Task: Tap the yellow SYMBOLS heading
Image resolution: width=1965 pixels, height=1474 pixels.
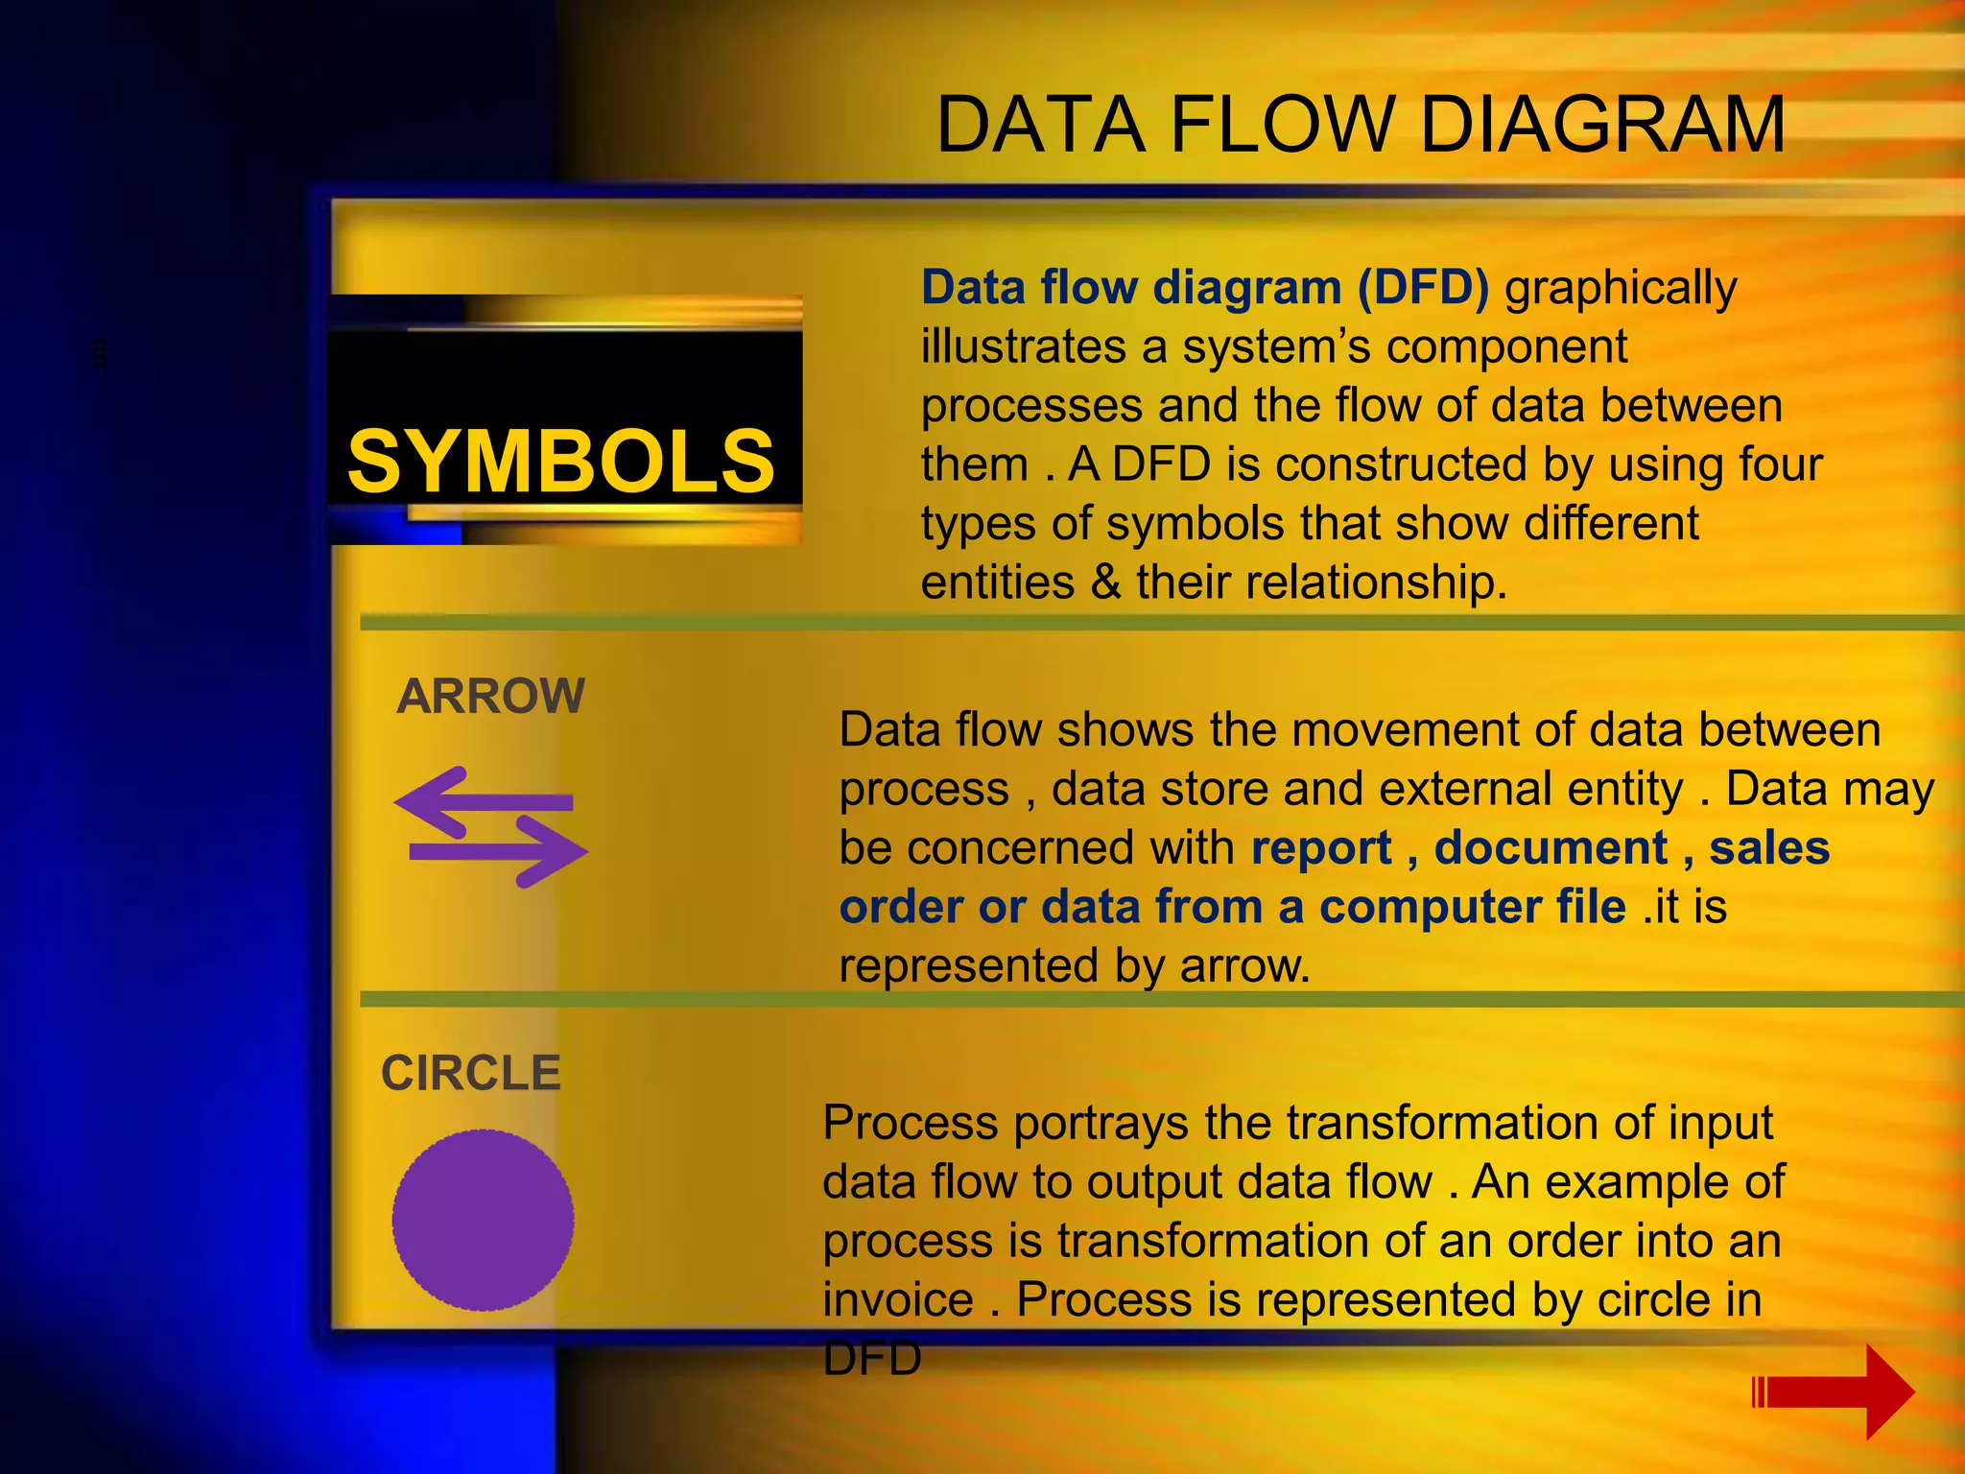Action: click(x=560, y=462)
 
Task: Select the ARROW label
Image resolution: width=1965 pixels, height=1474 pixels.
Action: click(x=490, y=696)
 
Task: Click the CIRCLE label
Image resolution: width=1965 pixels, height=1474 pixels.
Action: click(x=470, y=1073)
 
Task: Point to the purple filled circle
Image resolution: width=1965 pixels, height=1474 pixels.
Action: click(x=483, y=1220)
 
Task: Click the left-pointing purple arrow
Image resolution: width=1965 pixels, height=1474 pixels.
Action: click(x=480, y=802)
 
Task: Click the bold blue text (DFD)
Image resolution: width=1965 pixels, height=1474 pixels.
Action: click(x=1423, y=287)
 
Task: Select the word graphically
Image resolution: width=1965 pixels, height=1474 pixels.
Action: click(x=1621, y=287)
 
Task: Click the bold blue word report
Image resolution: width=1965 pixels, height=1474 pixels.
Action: click(x=1321, y=847)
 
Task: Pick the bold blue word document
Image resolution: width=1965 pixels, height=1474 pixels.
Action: click(x=1551, y=847)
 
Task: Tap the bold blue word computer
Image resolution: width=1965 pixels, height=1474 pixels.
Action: click(x=1473, y=907)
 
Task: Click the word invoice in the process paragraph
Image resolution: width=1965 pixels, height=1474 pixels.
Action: click(x=898, y=1299)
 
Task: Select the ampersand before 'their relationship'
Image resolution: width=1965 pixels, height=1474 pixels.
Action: click(x=1105, y=582)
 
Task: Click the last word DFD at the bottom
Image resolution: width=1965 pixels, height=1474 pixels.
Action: click(x=871, y=1359)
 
